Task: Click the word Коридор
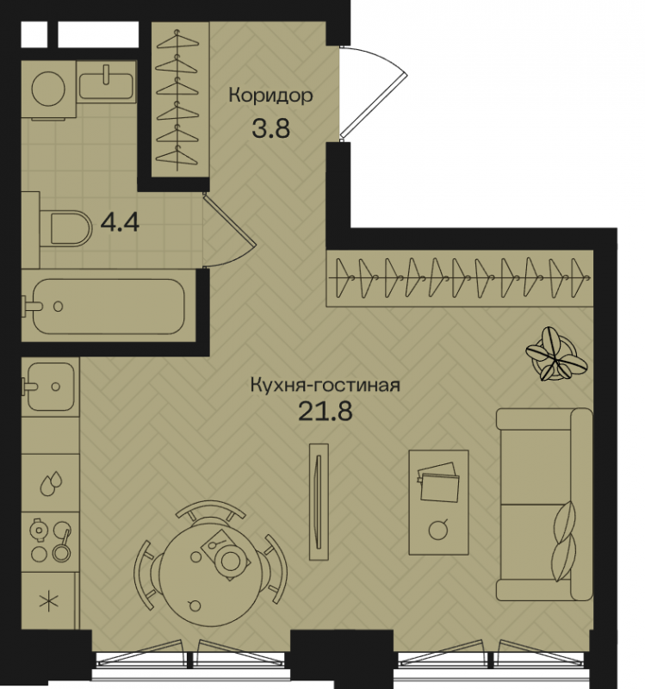[270, 96]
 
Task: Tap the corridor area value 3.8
[271, 128]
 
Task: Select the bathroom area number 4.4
[120, 222]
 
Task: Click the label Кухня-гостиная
[326, 385]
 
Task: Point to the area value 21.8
[326, 412]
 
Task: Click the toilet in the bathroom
[66, 229]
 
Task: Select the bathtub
[109, 307]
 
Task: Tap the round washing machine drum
[48, 90]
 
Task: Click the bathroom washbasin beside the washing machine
[106, 82]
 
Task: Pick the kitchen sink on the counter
[50, 387]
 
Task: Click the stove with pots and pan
[50, 541]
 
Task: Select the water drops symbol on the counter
[51, 484]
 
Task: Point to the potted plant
[555, 355]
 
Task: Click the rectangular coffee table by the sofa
[438, 502]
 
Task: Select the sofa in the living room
[544, 504]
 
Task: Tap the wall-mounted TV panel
[319, 501]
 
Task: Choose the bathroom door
[228, 231]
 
